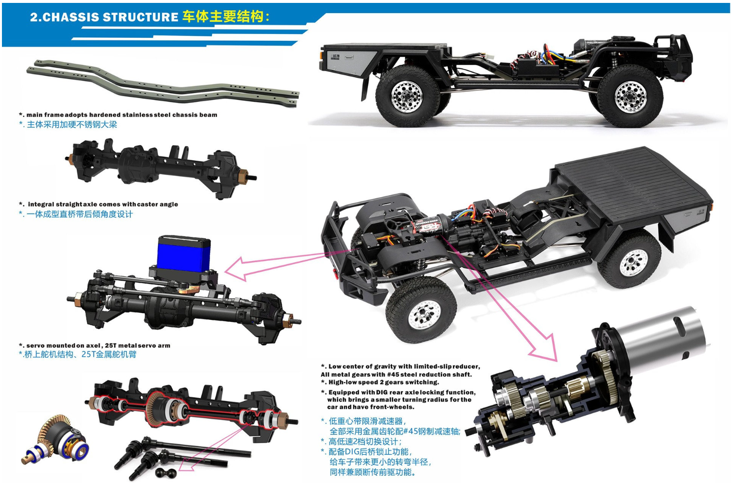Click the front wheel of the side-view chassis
pyautogui.click(x=630, y=95)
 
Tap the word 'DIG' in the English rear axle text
pyautogui.click(x=382, y=392)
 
